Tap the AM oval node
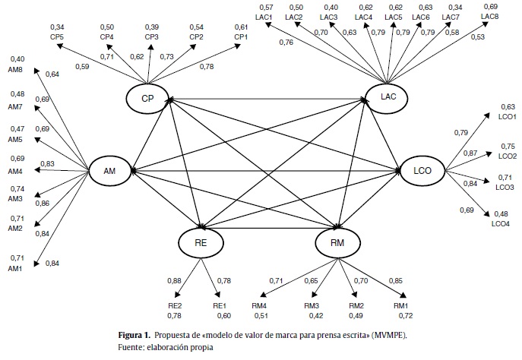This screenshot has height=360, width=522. (109, 170)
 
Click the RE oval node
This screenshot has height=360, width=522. (201, 242)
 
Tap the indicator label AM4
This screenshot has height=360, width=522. (16, 171)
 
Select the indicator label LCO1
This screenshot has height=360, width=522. (506, 117)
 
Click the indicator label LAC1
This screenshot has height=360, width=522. (264, 17)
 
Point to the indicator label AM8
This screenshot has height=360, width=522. (16, 71)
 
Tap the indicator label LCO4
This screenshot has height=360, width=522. (501, 223)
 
